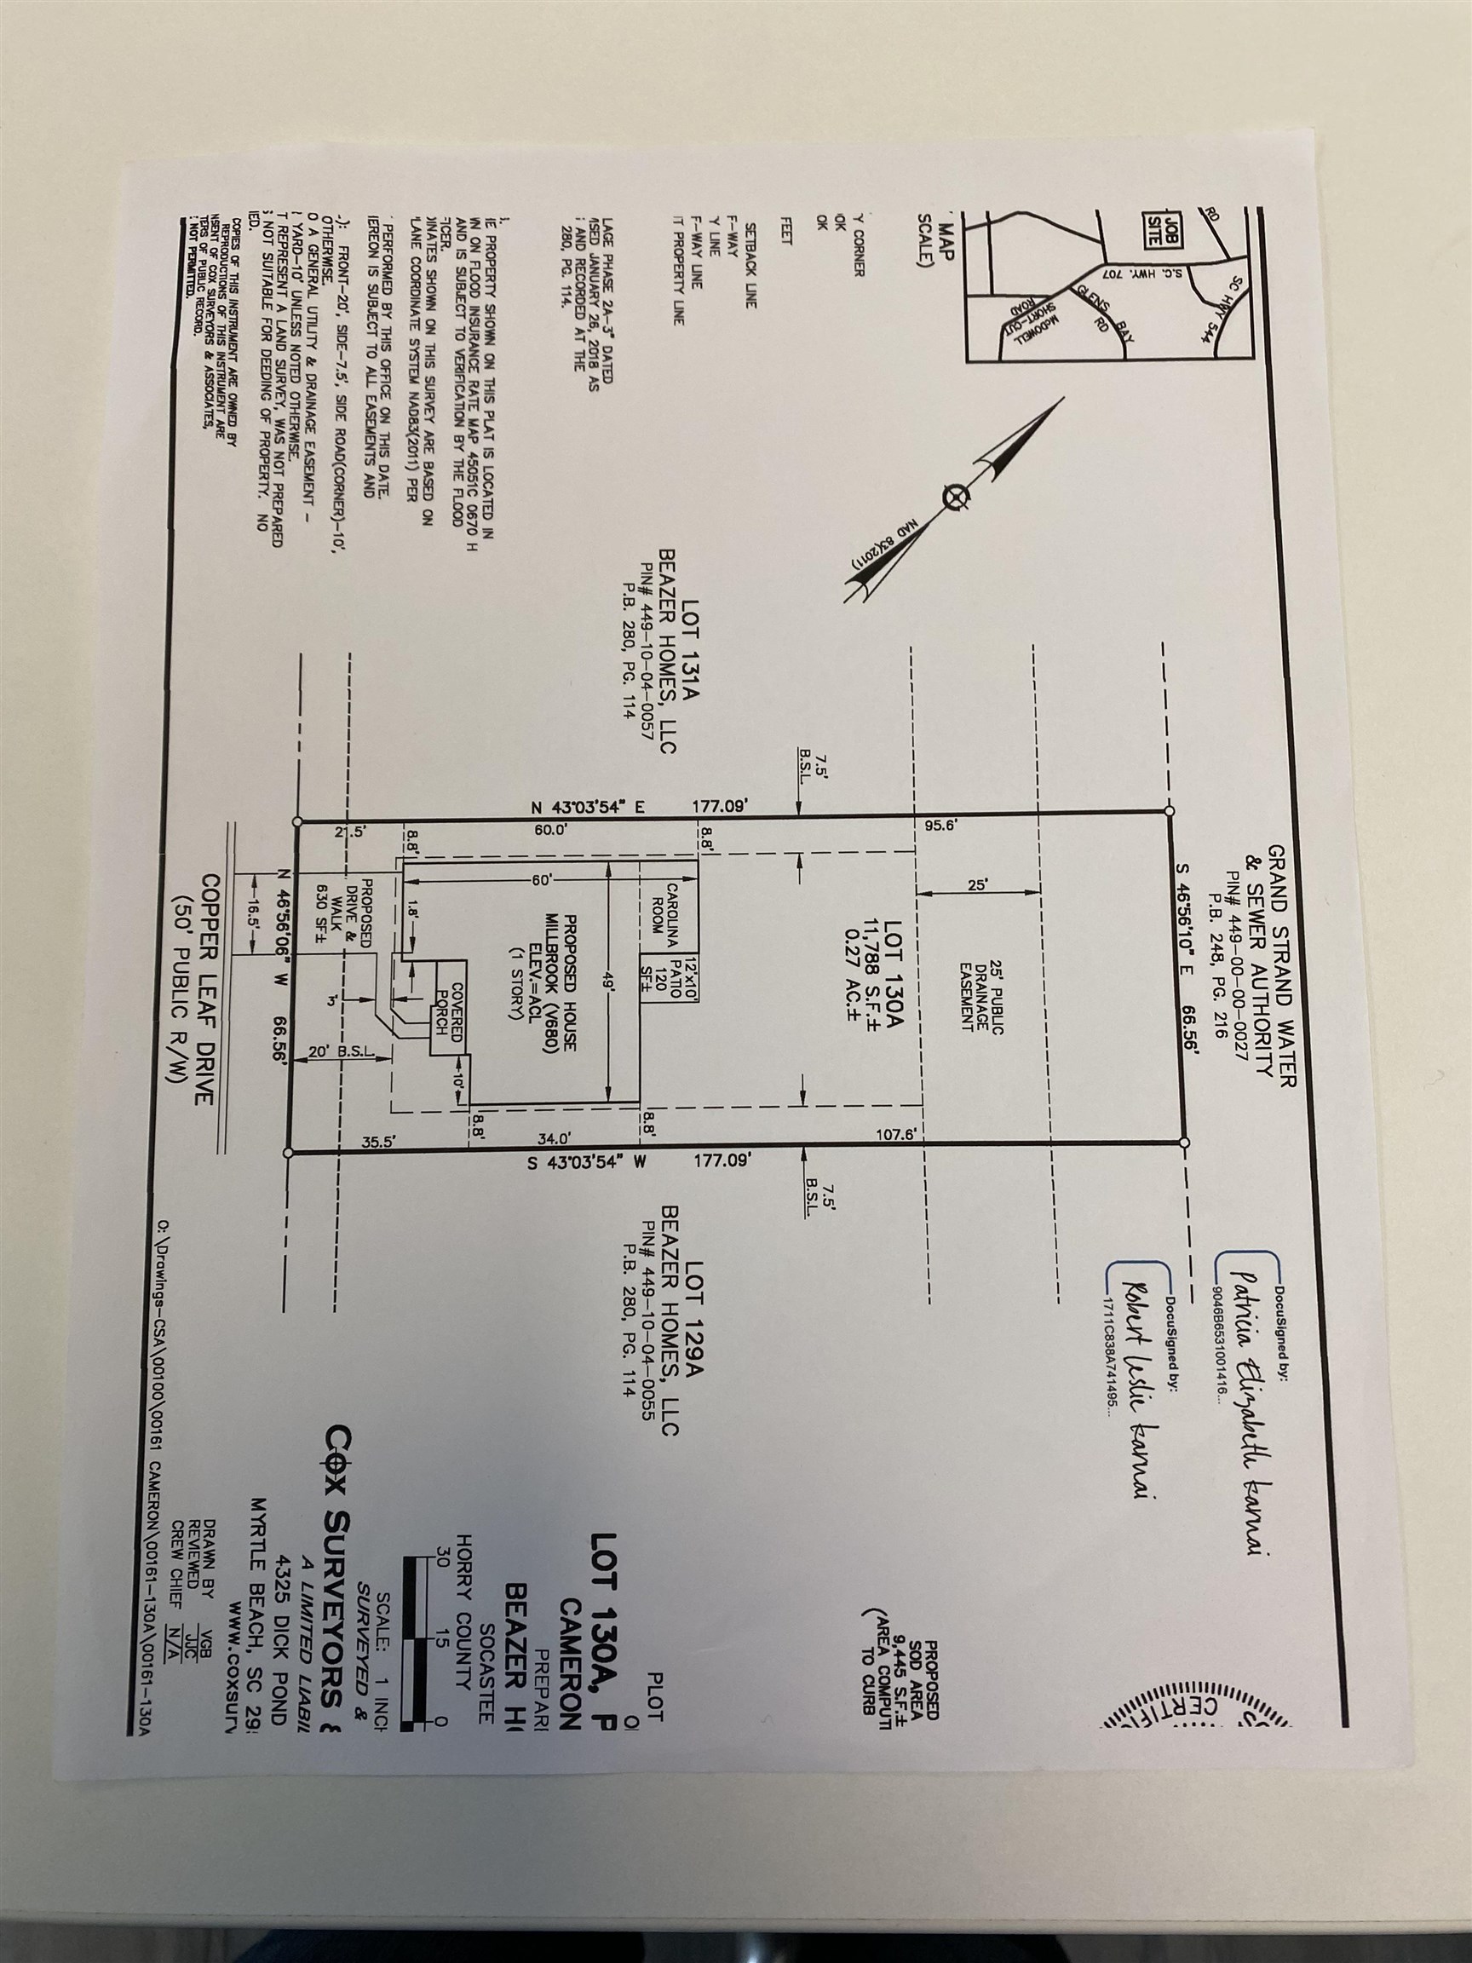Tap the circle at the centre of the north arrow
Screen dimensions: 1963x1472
tap(955, 498)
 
